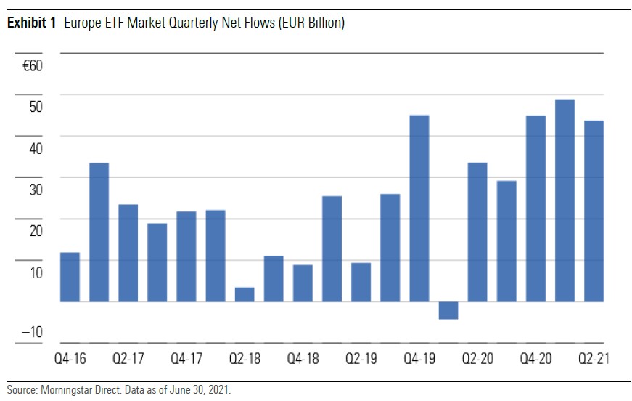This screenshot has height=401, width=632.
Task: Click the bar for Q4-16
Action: coord(70,277)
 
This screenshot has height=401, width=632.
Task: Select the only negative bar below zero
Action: coord(448,310)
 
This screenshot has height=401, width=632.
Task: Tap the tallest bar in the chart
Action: coord(565,200)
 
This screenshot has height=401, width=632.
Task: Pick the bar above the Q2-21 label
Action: coord(594,211)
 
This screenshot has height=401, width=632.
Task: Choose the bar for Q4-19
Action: coord(419,208)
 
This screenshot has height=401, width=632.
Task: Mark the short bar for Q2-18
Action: coord(245,294)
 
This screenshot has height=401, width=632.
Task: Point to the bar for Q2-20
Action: coord(477,232)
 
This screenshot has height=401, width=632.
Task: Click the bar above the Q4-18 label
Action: coord(303,283)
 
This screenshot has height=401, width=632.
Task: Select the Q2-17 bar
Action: coord(128,253)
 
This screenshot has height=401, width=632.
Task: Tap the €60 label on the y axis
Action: coord(33,66)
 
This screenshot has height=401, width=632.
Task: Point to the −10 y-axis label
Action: coord(32,333)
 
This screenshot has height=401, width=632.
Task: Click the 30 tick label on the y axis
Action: coord(36,190)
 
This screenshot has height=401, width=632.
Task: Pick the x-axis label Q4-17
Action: coord(186,359)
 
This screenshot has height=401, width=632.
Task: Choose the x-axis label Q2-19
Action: coord(361,359)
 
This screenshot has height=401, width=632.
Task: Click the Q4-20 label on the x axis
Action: coord(535,359)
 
